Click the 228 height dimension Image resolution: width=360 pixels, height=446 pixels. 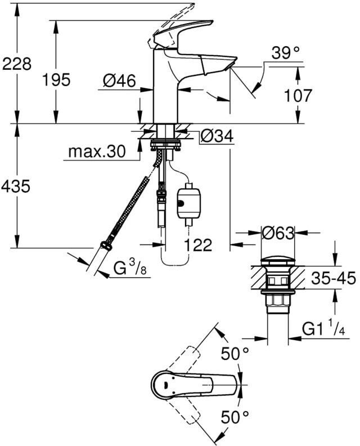16,64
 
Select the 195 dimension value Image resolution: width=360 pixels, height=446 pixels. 56,79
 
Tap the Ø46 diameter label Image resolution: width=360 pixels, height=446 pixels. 119,81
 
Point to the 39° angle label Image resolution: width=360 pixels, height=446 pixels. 286,52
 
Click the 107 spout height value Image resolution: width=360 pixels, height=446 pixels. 298,96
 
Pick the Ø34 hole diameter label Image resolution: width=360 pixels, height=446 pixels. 217,136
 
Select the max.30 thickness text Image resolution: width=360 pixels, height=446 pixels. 97,151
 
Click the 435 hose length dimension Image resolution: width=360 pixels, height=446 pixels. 16,186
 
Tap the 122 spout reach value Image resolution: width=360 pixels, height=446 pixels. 199,244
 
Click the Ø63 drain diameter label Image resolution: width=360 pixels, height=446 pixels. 278,234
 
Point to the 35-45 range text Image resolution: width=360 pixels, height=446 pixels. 334,278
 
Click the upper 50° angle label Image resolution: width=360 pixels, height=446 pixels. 235,354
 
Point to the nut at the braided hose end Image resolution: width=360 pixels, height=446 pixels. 105,245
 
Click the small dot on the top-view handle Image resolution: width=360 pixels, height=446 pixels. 165,385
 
